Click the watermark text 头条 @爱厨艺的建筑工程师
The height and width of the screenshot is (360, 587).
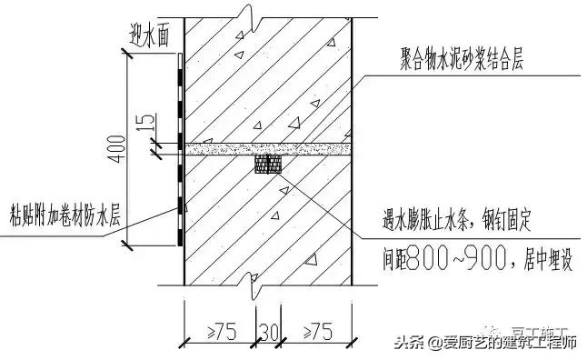coord(486,343)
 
